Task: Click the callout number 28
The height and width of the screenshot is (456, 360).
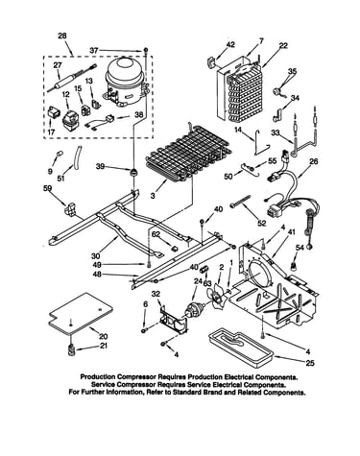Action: [x=62, y=36]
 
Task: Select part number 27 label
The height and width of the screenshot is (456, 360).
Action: [x=58, y=65]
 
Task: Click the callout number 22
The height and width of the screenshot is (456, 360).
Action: [x=283, y=45]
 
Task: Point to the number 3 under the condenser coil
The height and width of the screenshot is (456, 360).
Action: [x=153, y=195]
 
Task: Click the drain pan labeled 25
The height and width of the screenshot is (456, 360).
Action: [x=241, y=348]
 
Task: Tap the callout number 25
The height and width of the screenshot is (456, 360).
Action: [x=310, y=363]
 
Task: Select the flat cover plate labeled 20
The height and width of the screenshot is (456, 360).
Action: [x=81, y=314]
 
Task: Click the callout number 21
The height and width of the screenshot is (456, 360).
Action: [x=104, y=346]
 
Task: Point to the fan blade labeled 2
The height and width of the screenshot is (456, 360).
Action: [x=217, y=296]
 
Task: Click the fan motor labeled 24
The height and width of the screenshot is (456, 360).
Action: [x=194, y=309]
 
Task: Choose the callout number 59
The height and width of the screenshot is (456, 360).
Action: [x=47, y=189]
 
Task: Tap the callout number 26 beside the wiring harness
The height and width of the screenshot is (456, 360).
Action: [x=314, y=161]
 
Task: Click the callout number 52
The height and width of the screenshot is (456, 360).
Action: [x=262, y=224]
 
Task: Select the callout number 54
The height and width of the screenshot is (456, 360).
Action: [x=300, y=248]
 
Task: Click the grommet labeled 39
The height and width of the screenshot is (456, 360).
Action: [x=133, y=173]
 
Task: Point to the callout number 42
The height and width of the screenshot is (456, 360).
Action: [x=230, y=44]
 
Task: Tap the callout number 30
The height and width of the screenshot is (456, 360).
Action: [x=96, y=256]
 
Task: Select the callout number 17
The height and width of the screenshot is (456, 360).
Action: [x=52, y=132]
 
